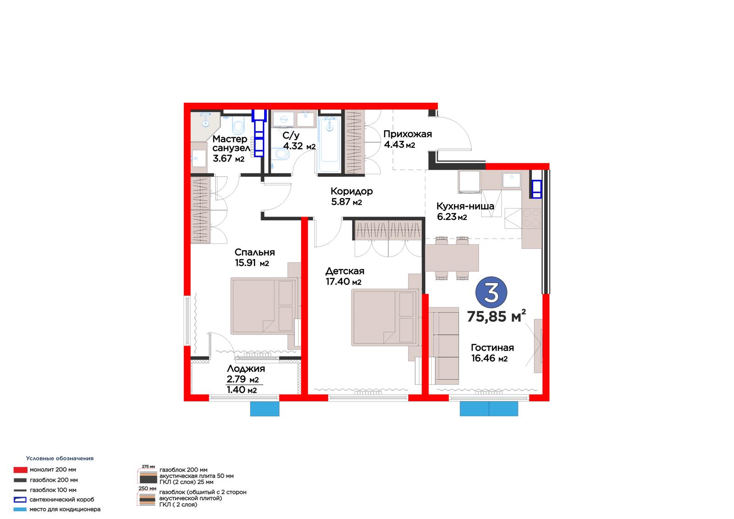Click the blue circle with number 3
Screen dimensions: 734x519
[x=491, y=292]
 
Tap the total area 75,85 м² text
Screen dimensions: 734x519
[x=496, y=316]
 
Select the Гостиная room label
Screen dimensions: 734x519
[x=492, y=347]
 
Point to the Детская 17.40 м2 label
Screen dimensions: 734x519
[x=345, y=276]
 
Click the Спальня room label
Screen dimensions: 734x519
[x=255, y=252]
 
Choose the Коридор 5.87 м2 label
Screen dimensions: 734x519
[x=351, y=196]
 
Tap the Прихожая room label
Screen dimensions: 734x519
[x=408, y=134]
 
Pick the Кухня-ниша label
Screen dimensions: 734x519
[x=465, y=206]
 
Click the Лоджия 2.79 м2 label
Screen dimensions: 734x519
[x=246, y=374]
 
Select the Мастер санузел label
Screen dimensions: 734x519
[x=231, y=143]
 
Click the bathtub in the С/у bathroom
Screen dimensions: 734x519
[x=330, y=145]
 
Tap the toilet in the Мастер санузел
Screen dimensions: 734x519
[x=239, y=126]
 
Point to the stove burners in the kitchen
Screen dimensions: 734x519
[x=532, y=218]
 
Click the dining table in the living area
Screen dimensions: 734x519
[x=452, y=258]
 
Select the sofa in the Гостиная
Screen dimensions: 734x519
[x=444, y=346]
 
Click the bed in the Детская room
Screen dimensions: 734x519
[x=385, y=318]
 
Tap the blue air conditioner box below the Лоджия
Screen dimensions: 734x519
[x=265, y=409]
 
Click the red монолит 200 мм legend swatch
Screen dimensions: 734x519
[x=20, y=470]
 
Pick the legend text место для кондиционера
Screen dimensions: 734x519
[x=65, y=509]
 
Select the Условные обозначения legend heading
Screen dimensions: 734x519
[x=60, y=458]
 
